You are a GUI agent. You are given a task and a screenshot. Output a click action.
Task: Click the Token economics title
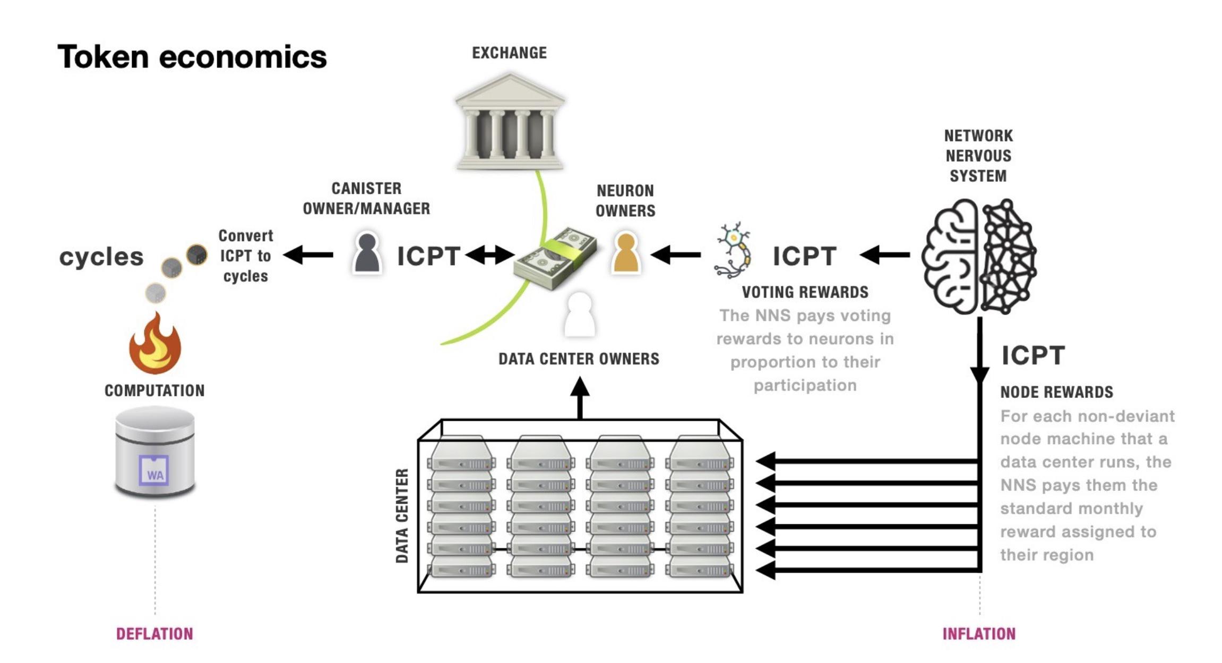click(x=192, y=57)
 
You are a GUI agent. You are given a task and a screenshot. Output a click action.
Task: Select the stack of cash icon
click(x=555, y=259)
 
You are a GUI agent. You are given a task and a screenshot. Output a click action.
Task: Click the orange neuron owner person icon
click(x=626, y=253)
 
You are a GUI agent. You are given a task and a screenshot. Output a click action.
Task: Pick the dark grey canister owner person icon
click(x=367, y=253)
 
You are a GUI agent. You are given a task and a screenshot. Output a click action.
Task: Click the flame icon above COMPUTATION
click(x=155, y=344)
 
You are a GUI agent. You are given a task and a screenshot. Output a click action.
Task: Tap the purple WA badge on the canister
click(x=154, y=471)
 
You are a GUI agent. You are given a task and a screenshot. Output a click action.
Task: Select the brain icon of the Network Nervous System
click(x=978, y=257)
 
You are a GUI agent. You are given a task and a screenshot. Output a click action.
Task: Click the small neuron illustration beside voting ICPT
click(x=734, y=251)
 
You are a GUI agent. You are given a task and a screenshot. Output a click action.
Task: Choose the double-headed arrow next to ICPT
click(x=489, y=255)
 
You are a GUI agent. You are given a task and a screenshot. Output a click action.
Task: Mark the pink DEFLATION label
click(x=154, y=634)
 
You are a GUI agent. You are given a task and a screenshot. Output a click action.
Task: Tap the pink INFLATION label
click(x=979, y=634)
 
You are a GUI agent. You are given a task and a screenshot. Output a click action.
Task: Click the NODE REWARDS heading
click(x=1056, y=392)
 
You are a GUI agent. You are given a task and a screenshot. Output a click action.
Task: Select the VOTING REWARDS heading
click(x=805, y=292)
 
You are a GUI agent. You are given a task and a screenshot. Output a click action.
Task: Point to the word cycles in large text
click(x=101, y=257)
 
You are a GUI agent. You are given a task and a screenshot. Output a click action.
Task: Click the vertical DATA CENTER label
click(x=402, y=515)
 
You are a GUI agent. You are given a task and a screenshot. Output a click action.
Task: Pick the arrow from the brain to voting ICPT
click(x=884, y=255)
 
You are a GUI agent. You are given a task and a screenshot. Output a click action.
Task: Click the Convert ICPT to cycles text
click(x=245, y=256)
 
